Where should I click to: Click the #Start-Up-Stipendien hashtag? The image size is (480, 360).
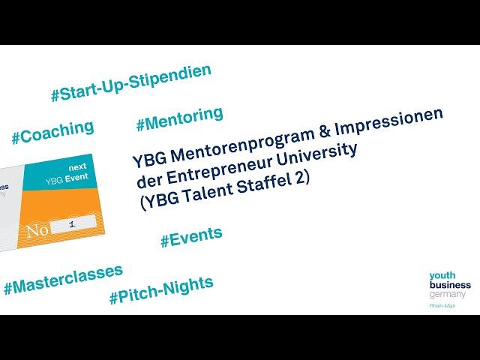pyautogui.click(x=131, y=82)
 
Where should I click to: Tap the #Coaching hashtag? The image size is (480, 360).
pyautogui.click(x=52, y=132)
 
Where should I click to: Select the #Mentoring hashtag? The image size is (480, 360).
pyautogui.click(x=180, y=119)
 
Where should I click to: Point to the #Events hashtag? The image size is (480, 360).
pyautogui.click(x=191, y=237)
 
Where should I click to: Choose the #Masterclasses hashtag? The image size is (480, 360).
pyautogui.click(x=63, y=279)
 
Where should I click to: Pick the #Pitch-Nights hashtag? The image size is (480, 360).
pyautogui.click(x=161, y=290)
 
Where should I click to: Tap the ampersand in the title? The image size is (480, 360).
pyautogui.click(x=325, y=130)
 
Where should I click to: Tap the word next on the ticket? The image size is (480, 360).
pyautogui.click(x=78, y=167)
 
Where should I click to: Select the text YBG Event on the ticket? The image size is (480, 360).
pyautogui.click(x=67, y=178)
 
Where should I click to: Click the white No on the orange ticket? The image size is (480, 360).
pyautogui.click(x=37, y=230)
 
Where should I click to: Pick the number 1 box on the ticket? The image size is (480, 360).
pyautogui.click(x=73, y=224)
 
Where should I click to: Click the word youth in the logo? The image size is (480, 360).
pyautogui.click(x=442, y=275)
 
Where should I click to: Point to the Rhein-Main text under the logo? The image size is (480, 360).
pyautogui.click(x=442, y=306)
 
